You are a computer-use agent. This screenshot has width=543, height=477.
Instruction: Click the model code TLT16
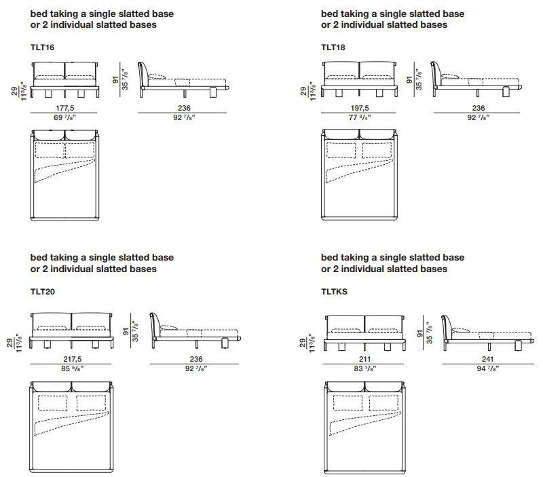pos(42,47)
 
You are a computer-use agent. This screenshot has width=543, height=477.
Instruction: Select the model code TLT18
pos(333,47)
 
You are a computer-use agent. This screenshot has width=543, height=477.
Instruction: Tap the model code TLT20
pos(43,292)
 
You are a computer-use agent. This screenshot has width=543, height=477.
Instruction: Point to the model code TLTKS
pos(334,292)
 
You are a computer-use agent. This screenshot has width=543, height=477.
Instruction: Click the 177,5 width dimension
pos(64,108)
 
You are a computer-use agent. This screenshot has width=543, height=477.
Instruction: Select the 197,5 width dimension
pos(360,108)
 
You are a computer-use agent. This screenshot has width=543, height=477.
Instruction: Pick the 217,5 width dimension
pos(73,359)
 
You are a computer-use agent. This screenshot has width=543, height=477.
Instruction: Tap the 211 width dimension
pos(364,359)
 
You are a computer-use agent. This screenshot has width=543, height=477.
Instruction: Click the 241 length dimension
pos(487,359)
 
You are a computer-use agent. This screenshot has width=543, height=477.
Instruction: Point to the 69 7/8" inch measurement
pos(64,117)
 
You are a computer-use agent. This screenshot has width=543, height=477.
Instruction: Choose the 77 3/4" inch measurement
pos(360,117)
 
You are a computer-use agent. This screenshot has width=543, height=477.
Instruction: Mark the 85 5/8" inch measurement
pos(73,368)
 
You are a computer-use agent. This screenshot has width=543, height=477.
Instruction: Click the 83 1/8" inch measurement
pos(364,368)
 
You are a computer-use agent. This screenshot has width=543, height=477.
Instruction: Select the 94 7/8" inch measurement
pos(487,368)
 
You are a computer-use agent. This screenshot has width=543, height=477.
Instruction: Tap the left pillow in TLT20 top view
pos(53,403)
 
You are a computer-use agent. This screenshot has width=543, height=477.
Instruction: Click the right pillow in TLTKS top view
pos(383,403)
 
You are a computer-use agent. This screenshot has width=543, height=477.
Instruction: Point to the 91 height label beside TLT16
pos(115,80)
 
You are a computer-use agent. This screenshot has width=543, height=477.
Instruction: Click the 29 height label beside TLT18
pos(303,91)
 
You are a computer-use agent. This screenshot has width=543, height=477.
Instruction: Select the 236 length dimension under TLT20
pos(196,359)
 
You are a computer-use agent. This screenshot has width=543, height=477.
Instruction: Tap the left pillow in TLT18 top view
pos(341,150)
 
